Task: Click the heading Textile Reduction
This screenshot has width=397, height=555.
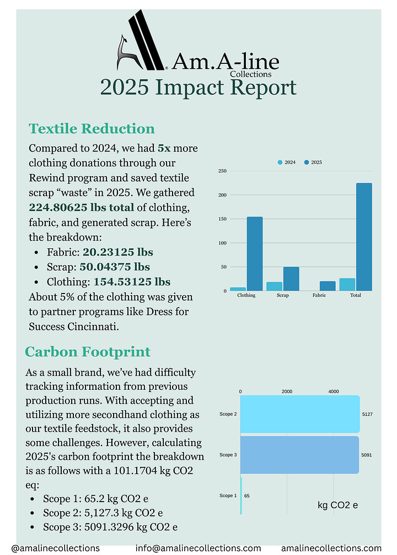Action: [x=92, y=129]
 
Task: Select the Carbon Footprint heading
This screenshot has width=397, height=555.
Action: [x=88, y=352]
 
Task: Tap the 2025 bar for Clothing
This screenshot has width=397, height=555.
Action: [x=254, y=254]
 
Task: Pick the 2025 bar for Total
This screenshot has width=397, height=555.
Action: [x=364, y=237]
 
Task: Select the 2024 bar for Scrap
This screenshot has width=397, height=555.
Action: [x=274, y=286]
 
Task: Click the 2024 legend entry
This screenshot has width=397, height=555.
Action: [x=287, y=162]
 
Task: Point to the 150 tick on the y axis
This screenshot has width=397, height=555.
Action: [x=222, y=219]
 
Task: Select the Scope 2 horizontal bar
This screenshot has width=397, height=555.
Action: [x=299, y=414]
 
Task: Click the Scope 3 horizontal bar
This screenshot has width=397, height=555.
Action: [x=299, y=455]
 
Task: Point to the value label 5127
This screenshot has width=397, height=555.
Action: [x=367, y=414]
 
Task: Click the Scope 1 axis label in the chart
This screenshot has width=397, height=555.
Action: [x=227, y=496]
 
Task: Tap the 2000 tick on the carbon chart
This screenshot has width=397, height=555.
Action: [x=287, y=391]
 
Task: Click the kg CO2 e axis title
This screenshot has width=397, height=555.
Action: [x=338, y=505]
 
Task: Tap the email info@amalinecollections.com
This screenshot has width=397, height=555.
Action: [x=198, y=548]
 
